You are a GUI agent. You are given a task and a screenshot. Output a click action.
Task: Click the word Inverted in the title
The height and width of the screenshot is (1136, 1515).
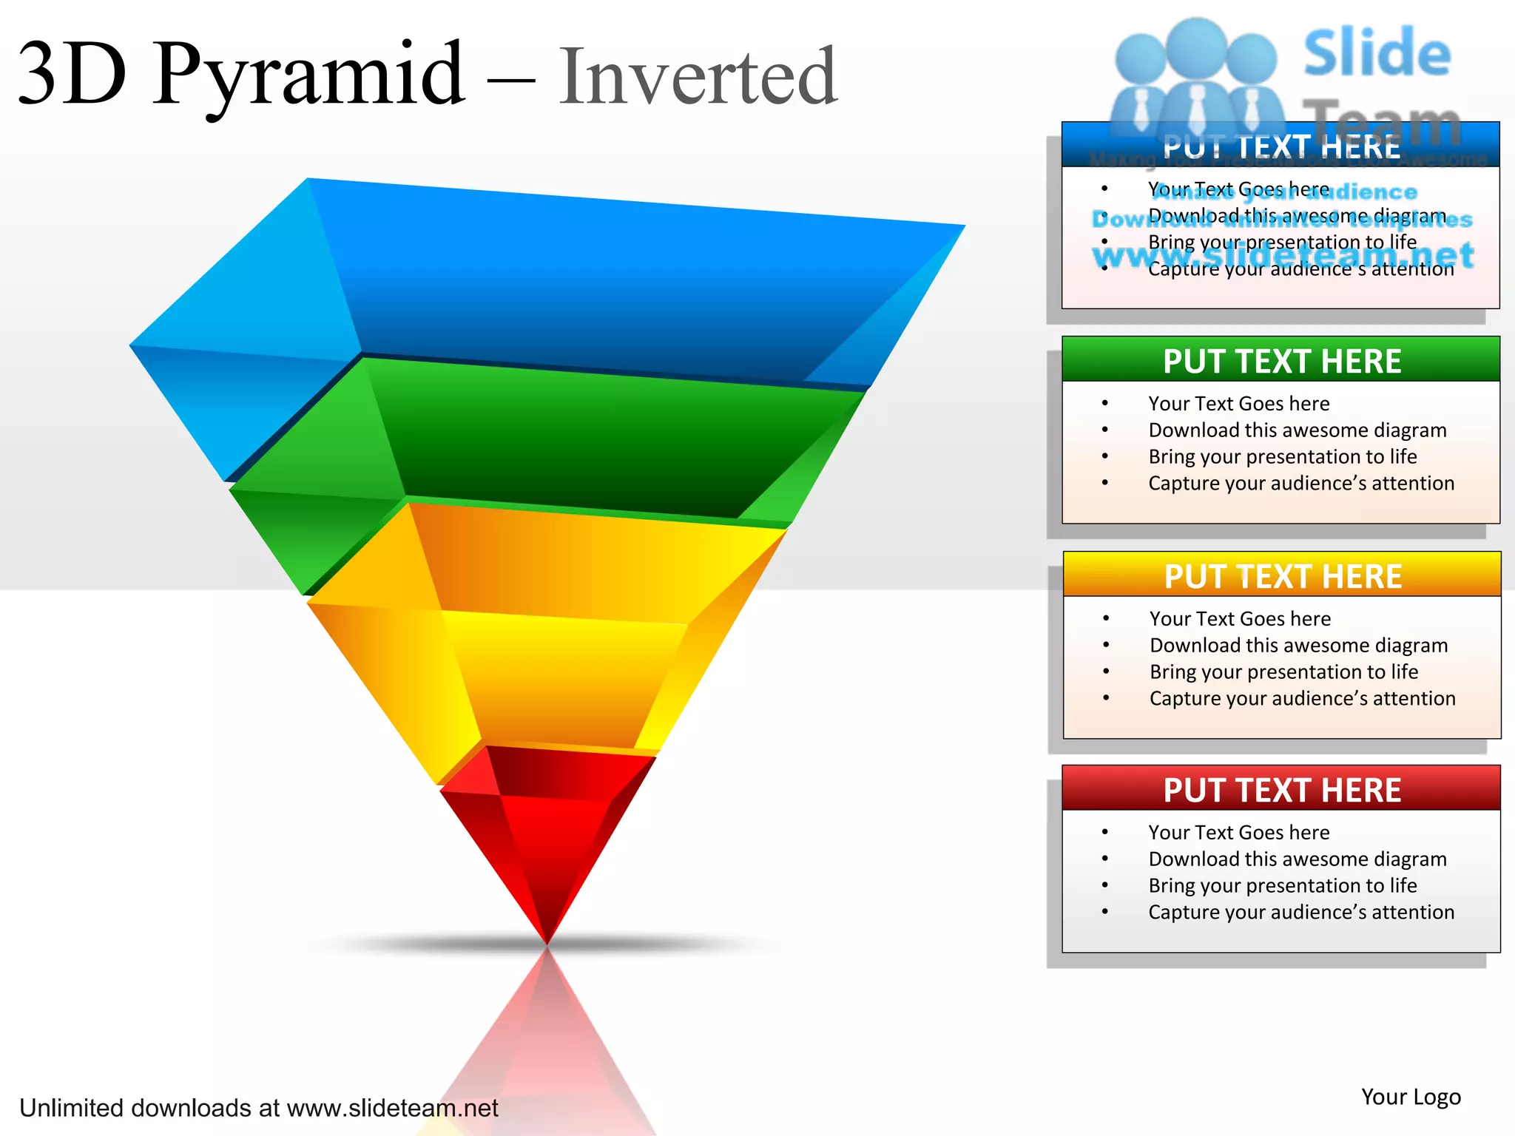click(698, 77)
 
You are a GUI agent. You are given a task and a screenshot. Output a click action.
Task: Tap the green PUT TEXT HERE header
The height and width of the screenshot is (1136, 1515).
click(1281, 361)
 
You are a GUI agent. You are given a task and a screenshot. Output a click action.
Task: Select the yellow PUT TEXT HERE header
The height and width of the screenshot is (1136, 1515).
click(1282, 575)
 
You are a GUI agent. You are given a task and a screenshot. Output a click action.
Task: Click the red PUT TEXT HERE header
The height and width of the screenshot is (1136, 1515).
click(1281, 789)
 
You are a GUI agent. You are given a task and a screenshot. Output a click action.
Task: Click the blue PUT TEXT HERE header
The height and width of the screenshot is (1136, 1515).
click(1281, 146)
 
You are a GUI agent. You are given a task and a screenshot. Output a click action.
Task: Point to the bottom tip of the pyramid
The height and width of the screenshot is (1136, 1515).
click(547, 941)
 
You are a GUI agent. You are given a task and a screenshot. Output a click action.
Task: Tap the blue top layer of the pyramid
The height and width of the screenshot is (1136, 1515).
click(577, 281)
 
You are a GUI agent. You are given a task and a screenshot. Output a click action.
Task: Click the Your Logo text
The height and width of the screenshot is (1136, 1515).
click(1411, 1097)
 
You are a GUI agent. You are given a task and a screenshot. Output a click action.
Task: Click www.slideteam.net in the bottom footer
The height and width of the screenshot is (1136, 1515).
click(392, 1108)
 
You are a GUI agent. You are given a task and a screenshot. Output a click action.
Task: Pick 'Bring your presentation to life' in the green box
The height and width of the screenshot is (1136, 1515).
click(1282, 456)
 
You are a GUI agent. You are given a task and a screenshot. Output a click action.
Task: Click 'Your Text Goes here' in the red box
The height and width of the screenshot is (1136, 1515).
click(1238, 832)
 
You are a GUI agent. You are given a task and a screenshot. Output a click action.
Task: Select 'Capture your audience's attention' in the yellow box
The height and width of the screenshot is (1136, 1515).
click(1302, 698)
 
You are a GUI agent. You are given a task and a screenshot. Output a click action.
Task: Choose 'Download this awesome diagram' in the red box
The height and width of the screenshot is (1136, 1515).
click(1297, 859)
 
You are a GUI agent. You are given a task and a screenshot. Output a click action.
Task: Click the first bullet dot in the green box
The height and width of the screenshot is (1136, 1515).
click(1105, 403)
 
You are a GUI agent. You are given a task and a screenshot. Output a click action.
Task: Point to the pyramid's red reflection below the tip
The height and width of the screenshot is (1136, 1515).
click(547, 1035)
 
